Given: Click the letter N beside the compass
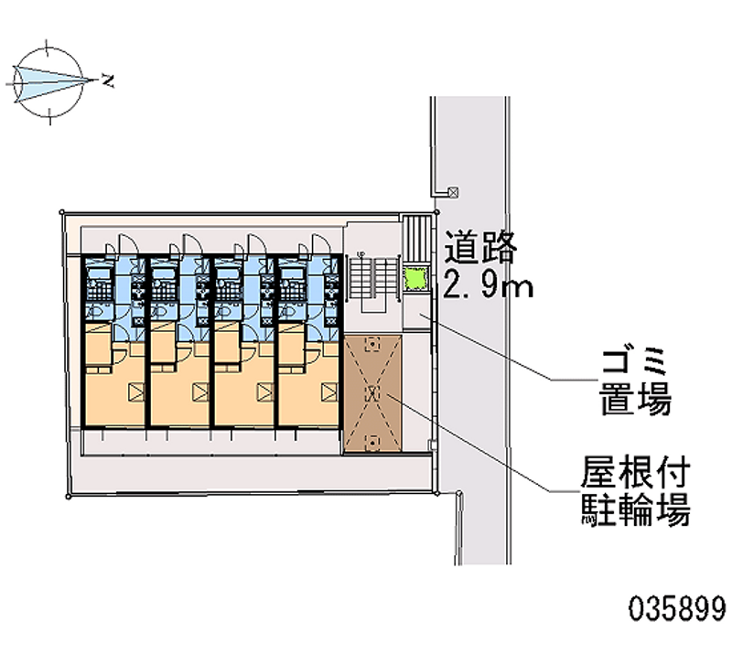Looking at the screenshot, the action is click(x=108, y=80).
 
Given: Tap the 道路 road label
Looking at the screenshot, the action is click(x=480, y=246).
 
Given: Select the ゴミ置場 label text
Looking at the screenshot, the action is click(x=635, y=382).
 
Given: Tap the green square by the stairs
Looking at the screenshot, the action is click(x=416, y=279).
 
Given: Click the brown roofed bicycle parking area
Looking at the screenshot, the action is click(x=372, y=393).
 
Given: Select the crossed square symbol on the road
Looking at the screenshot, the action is click(x=453, y=192).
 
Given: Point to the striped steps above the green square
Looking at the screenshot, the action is click(x=417, y=240).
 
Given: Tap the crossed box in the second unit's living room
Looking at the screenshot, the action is click(x=200, y=392).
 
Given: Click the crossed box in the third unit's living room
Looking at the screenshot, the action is click(x=265, y=392).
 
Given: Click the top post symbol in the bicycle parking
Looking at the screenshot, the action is click(x=372, y=345).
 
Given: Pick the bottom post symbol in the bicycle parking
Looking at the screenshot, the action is click(x=372, y=442).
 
